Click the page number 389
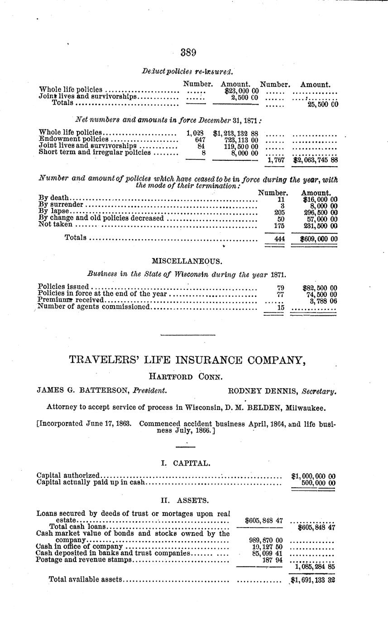[x=188, y=53]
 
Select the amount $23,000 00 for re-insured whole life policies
[x=238, y=90]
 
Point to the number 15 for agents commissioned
[x=280, y=307]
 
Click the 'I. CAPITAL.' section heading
[x=186, y=463]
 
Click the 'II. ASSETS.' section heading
[x=185, y=500]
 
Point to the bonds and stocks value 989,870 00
[x=266, y=540]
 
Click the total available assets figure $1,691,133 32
[x=312, y=580]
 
